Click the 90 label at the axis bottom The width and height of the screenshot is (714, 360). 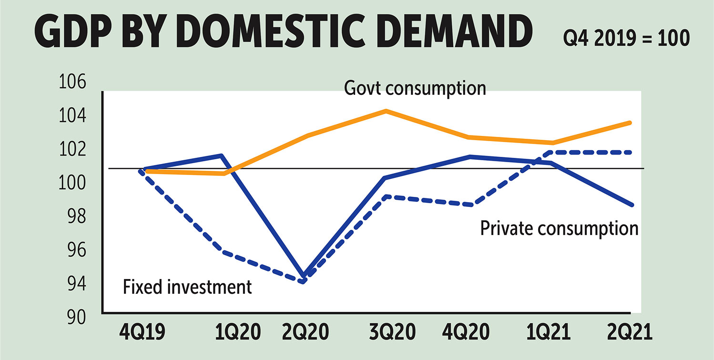coord(74,317)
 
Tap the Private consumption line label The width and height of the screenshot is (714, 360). coord(559,228)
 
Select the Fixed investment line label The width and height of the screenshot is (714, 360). coord(187,287)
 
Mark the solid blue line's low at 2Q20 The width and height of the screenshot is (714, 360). coord(304,276)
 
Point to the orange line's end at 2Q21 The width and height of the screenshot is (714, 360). coord(631,123)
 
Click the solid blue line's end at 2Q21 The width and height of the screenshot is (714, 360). coord(631,205)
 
